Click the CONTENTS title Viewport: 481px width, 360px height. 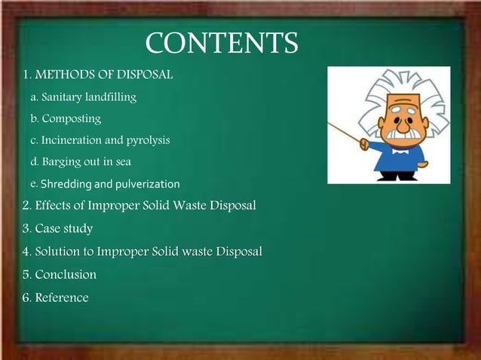click(221, 43)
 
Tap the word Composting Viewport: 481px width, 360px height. click(71, 119)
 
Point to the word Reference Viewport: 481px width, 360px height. click(62, 297)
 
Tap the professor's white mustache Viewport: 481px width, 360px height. click(399, 134)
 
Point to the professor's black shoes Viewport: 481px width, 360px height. click(397, 176)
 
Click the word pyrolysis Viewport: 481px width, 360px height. click(146, 141)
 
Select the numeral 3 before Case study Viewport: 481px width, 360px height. click(26, 228)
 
